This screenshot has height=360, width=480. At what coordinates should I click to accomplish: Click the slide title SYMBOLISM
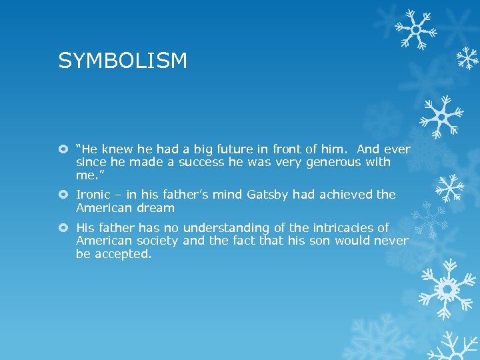[123, 61]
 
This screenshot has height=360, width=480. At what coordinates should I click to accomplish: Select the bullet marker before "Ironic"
[63, 195]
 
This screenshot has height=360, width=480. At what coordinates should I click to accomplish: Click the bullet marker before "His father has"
[63, 228]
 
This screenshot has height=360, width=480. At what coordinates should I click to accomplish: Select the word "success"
[204, 162]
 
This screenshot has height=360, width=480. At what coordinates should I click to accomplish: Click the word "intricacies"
[352, 227]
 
